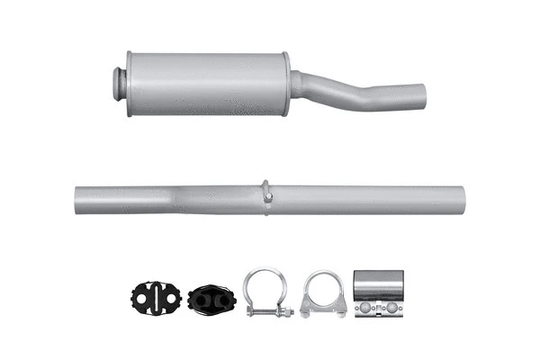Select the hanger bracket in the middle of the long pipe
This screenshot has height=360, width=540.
267,193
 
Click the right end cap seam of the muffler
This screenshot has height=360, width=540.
286,83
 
